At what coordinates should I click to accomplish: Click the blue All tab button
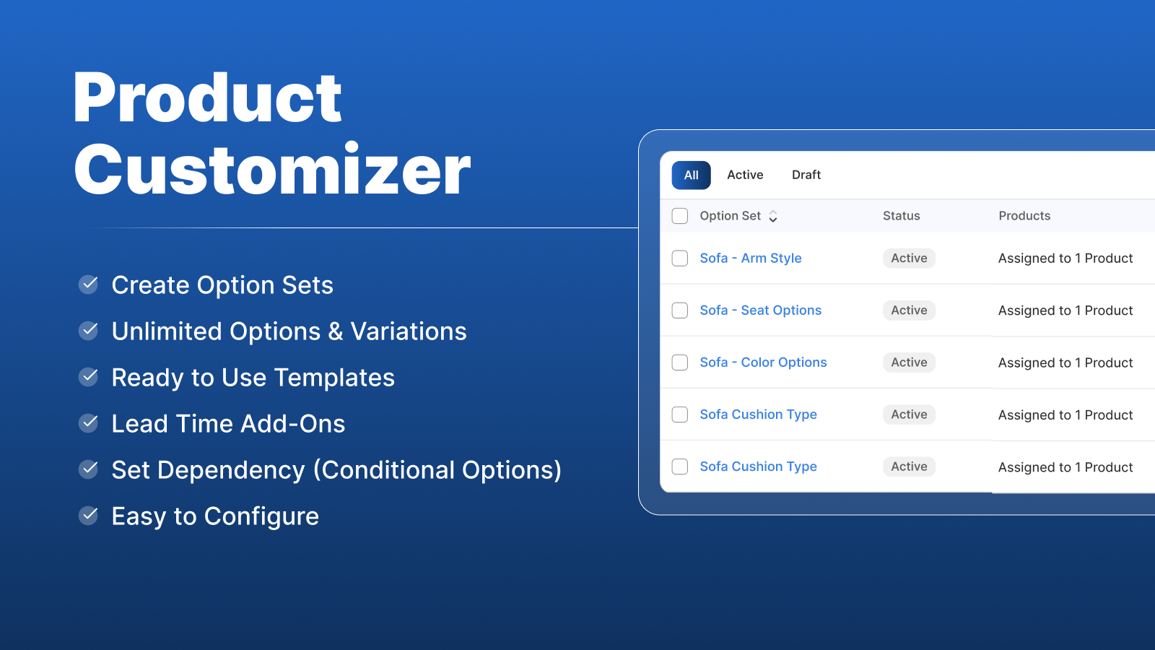[691, 175]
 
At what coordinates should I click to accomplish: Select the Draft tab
[806, 175]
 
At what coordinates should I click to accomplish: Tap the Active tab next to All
[744, 175]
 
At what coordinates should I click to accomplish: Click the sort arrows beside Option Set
[773, 217]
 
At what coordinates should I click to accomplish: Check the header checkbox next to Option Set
[680, 216]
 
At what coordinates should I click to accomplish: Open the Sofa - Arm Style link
[750, 259]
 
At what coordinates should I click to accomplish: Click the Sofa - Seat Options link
[760, 311]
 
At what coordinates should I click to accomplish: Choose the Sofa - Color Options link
[763, 363]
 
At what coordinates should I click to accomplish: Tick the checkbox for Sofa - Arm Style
[680, 259]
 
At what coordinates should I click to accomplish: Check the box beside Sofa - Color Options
[680, 363]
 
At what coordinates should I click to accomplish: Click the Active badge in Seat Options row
[909, 311]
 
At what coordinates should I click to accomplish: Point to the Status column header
[901, 216]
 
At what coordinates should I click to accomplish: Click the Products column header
[1024, 216]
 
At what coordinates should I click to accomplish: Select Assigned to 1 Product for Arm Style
[1065, 259]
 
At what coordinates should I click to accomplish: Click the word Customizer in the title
[272, 170]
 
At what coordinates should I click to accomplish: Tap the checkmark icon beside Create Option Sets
[89, 285]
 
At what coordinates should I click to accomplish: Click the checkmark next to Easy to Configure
[89, 516]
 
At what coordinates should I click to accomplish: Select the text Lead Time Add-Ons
[228, 424]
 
